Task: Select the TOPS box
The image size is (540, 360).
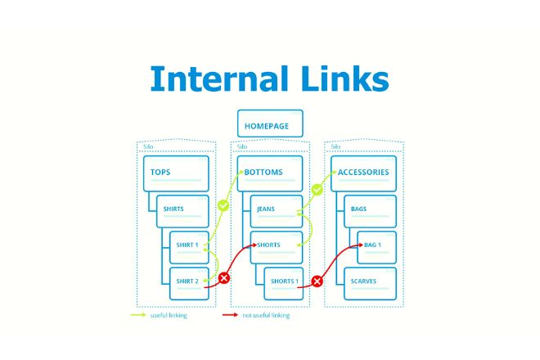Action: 176,173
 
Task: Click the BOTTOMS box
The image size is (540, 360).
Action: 269,173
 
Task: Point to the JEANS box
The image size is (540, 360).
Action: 276,210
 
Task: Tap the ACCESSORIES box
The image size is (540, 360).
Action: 364,173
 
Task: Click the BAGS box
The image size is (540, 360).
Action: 370,210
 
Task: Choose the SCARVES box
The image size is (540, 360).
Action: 370,282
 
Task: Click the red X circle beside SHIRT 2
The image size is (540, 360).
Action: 224,278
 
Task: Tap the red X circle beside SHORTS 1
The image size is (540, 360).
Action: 317,281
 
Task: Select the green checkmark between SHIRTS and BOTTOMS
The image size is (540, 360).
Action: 223,206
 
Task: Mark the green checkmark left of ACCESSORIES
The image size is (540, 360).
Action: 317,189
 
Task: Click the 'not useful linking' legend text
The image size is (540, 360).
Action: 267,315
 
